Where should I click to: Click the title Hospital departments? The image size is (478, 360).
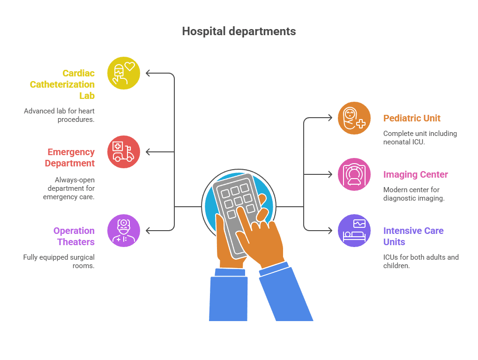click(239, 31)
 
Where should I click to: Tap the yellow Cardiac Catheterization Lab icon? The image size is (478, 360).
click(124, 73)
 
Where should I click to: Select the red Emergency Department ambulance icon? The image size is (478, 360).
click(124, 152)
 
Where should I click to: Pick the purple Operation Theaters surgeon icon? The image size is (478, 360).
click(124, 231)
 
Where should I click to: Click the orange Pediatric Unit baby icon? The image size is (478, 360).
click(354, 118)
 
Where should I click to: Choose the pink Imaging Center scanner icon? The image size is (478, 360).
click(354, 174)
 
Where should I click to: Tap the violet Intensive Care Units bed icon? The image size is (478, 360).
click(354, 231)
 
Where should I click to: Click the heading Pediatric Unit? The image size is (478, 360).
click(412, 118)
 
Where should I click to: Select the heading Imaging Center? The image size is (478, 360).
click(416, 174)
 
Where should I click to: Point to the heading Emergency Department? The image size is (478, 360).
click(70, 157)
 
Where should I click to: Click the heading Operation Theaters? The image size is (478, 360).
click(74, 236)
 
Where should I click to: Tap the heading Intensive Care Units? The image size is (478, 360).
click(413, 236)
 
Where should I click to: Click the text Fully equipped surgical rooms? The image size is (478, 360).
click(59, 261)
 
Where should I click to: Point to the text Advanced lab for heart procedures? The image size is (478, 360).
click(60, 115)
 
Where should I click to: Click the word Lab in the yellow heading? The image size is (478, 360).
click(87, 96)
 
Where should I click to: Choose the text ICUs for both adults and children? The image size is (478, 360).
click(420, 261)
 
